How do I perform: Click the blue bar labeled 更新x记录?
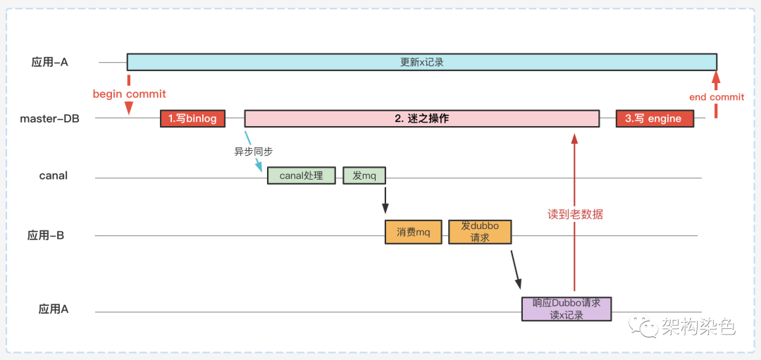[x=421, y=62]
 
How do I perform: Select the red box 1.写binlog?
[x=192, y=118]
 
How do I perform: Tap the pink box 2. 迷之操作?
[x=421, y=118]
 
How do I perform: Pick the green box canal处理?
[x=301, y=175]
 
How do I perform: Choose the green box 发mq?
[x=364, y=175]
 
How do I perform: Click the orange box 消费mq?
[x=413, y=232]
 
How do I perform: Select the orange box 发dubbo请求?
[x=480, y=232]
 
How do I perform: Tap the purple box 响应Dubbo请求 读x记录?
[x=567, y=309]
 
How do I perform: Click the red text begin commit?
[x=129, y=94]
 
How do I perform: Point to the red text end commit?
[x=716, y=97]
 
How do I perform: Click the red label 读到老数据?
[x=575, y=214]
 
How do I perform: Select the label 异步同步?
[x=253, y=151]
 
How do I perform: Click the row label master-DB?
[x=49, y=118]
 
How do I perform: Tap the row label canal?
[x=54, y=175]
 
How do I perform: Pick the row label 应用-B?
[x=46, y=235]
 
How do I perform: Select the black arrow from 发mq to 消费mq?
[x=385, y=199]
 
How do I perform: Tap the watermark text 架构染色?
[x=697, y=326]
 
